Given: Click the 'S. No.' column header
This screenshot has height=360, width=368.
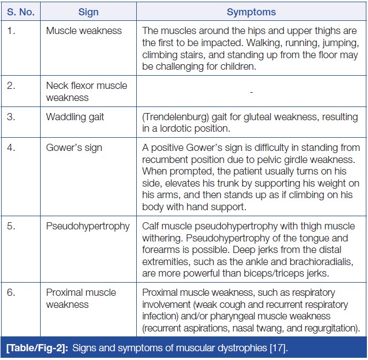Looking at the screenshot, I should pos(20,12).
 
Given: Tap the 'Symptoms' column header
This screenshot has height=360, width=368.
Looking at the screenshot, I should pos(251,12).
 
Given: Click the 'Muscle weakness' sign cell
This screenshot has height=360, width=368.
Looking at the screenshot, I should pos(84,31).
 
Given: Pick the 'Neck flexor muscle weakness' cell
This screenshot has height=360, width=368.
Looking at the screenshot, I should pos(86,92).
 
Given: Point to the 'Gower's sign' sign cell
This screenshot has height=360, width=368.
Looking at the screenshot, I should pos(74,148).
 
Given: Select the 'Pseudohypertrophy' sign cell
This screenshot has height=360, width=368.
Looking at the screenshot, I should pos(88,227).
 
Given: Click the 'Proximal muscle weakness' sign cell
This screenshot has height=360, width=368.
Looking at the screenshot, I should pos(81,299).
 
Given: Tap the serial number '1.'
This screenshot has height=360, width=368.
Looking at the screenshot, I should pos(12,31).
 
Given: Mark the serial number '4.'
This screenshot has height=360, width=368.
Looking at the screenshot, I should pos(12,148).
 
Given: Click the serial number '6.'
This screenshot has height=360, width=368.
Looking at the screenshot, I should pos(12,292).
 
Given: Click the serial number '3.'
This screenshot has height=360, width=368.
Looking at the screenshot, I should pos(12,117).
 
